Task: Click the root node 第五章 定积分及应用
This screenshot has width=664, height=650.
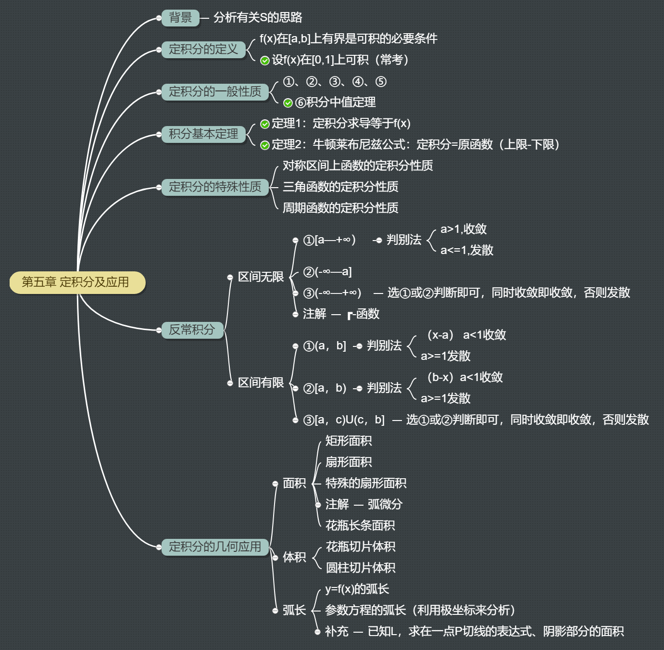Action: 77,282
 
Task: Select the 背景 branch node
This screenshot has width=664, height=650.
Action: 180,18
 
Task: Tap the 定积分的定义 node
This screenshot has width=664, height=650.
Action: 203,50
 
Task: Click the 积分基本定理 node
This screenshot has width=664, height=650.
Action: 203,134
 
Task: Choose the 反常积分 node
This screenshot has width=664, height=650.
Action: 192,330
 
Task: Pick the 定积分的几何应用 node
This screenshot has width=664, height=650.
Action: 215,547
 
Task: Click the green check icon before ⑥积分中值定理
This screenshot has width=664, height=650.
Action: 288,103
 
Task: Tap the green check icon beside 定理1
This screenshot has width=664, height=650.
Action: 264,124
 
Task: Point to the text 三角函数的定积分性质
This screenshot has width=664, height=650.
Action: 340,187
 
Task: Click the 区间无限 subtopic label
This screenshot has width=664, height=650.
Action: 261,277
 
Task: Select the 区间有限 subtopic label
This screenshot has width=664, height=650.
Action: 261,383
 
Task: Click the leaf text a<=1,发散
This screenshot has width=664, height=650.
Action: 467,250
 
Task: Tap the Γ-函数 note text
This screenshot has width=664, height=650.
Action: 363,314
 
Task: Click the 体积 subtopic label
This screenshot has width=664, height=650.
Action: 294,557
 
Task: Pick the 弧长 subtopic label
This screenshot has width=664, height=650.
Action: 294,611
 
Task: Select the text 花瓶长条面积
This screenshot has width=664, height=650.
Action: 360,525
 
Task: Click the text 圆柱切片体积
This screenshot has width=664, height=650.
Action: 361,568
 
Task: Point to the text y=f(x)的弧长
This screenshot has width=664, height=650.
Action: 357,589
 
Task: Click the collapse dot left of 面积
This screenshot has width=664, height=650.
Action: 275,484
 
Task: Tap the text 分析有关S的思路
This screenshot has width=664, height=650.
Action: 258,18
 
